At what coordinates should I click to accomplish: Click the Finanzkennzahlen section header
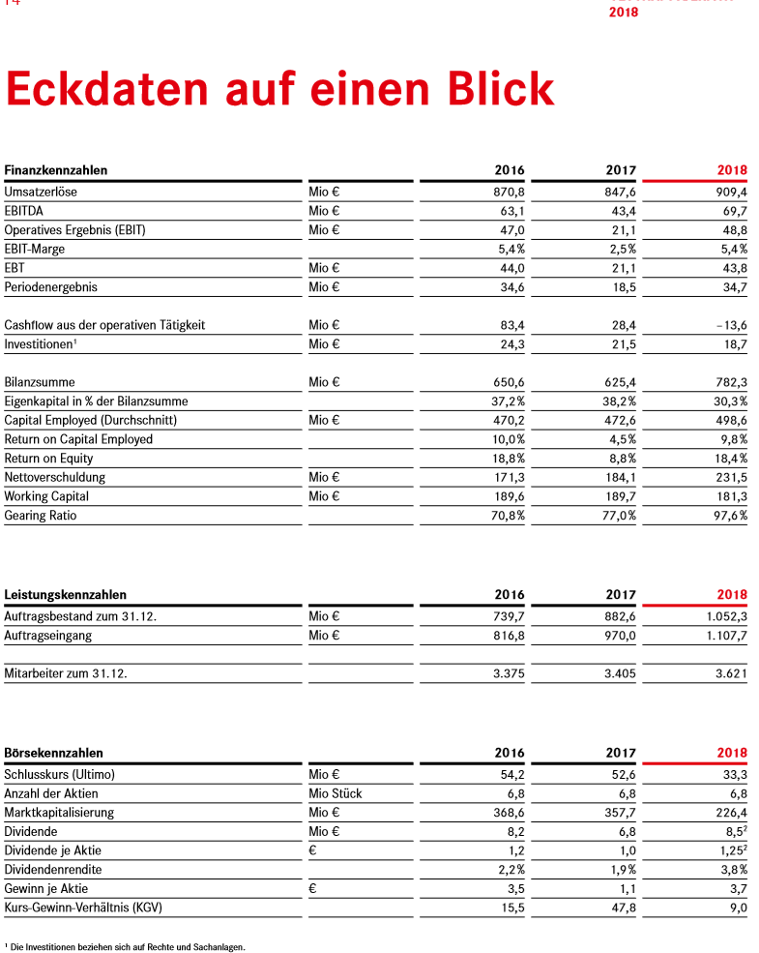click(55, 170)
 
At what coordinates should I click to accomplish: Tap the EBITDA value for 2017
click(620, 211)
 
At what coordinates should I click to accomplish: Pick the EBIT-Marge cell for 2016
click(509, 249)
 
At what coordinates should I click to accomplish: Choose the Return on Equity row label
click(48, 458)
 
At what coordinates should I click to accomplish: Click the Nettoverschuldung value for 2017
click(620, 477)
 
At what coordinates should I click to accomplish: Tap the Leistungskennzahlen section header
click(65, 594)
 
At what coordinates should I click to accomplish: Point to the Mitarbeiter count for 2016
click(509, 673)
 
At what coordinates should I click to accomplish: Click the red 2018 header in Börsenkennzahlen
click(732, 753)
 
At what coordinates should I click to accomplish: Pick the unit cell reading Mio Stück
click(336, 793)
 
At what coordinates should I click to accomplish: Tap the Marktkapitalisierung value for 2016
click(509, 812)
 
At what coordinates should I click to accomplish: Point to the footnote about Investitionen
click(125, 946)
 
